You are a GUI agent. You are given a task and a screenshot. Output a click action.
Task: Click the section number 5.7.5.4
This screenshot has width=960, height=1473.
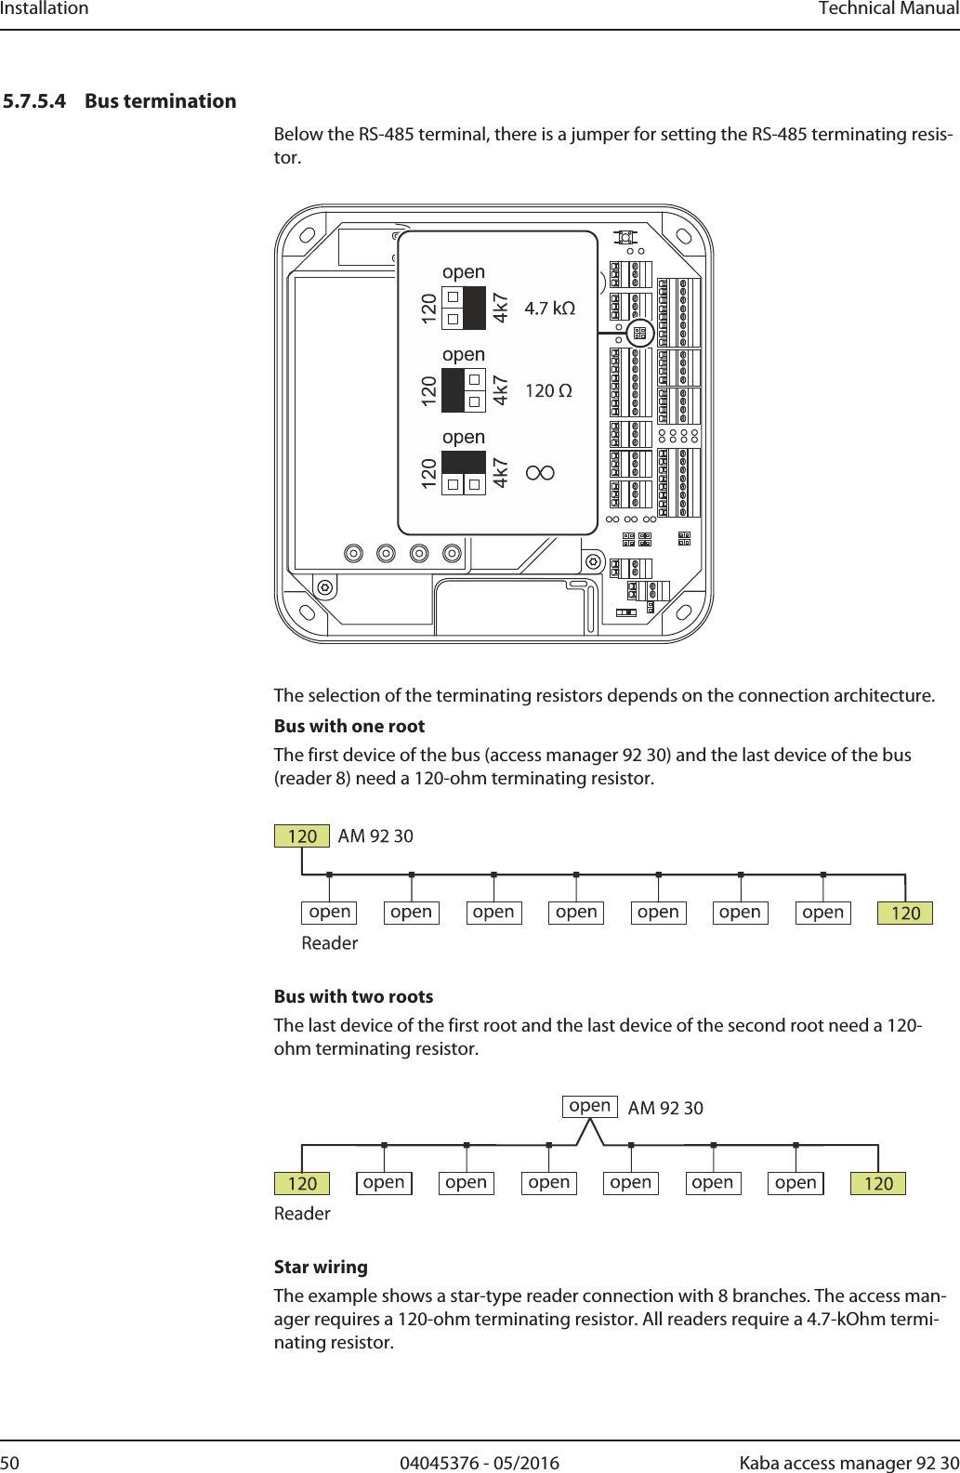tap(34, 101)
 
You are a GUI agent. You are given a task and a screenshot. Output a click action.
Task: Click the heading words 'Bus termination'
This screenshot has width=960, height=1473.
tap(160, 101)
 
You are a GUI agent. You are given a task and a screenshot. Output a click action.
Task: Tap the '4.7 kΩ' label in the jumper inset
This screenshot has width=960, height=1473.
tap(549, 309)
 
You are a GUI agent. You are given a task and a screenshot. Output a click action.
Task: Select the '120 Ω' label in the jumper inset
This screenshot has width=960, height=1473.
tap(548, 391)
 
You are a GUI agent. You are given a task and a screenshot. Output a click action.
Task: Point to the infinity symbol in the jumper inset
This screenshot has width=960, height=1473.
tap(540, 473)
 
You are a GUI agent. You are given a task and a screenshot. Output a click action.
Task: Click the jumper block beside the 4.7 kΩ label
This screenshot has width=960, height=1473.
tap(463, 309)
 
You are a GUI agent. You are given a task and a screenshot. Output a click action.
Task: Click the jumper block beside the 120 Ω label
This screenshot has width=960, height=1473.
tap(463, 390)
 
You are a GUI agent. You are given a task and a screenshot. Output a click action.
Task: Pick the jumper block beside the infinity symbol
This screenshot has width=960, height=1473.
tap(463, 473)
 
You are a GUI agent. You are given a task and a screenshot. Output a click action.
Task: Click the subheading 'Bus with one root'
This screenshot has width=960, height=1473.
tap(348, 727)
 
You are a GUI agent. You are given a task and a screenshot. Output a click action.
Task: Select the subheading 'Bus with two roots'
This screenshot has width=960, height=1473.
tap(353, 997)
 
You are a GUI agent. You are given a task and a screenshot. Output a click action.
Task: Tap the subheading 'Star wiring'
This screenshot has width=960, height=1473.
tap(321, 1268)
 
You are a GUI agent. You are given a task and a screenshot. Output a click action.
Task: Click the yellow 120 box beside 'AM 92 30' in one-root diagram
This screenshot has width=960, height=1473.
tap(302, 836)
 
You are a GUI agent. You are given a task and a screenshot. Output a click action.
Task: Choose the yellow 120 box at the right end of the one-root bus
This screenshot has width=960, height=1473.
tap(905, 914)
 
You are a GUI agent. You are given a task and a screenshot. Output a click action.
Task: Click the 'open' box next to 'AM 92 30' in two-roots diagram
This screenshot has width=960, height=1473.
tap(590, 1106)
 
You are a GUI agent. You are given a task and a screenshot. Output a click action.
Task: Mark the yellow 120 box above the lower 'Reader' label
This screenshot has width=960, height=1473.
tap(302, 1184)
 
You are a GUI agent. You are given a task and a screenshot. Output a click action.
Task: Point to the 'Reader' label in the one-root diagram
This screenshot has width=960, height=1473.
tap(329, 943)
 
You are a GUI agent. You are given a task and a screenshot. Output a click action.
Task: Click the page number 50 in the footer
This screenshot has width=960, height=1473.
tap(9, 1463)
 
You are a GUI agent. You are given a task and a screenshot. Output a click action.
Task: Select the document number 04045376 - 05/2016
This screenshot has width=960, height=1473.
tap(480, 1463)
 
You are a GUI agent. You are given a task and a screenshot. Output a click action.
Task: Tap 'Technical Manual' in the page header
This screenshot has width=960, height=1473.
tap(888, 9)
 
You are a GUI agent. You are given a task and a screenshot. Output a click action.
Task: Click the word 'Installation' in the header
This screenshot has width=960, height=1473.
tap(45, 9)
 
